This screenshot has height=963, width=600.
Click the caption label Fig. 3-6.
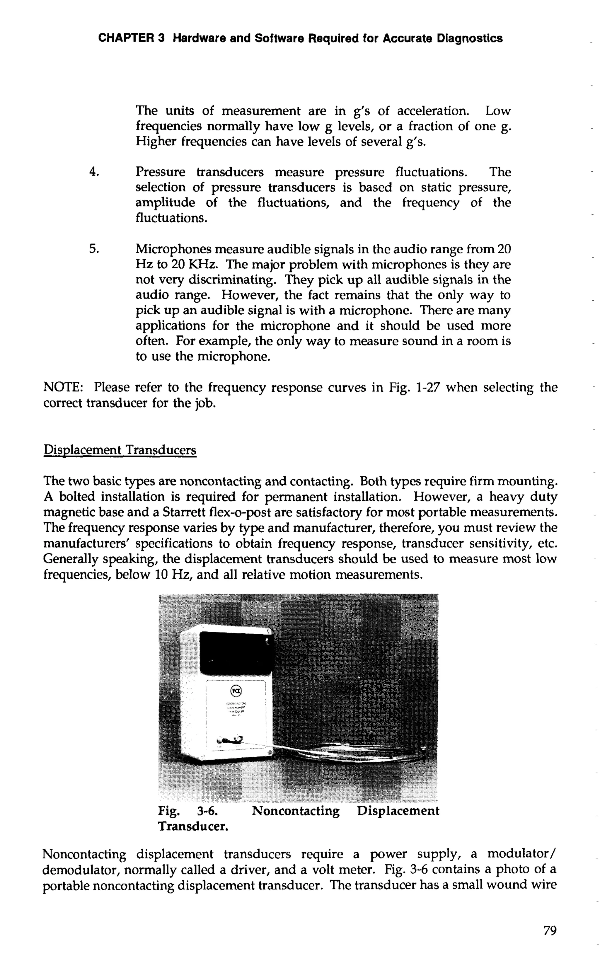187,811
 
